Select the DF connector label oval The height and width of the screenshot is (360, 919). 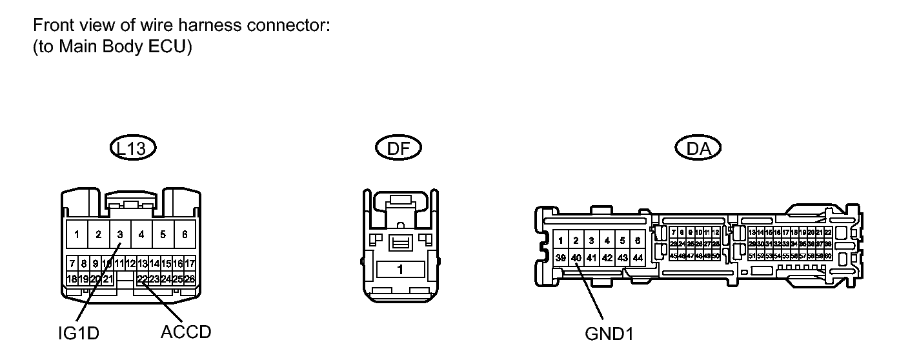coord(398,148)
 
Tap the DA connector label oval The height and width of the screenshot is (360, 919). coord(698,148)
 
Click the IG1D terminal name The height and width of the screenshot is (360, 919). coord(76,334)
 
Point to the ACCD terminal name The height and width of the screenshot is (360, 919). coord(185,332)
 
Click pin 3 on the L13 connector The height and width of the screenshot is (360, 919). coord(120,234)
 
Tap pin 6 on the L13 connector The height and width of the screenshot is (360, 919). coord(185,234)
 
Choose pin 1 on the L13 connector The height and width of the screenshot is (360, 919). coord(77,234)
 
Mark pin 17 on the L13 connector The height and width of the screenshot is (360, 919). coord(190,263)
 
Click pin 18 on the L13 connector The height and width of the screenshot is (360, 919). coord(72,279)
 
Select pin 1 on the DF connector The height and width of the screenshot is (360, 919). coord(400,269)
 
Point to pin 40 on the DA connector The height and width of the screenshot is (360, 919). coord(576,257)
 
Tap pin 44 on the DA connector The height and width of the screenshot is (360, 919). coord(638,257)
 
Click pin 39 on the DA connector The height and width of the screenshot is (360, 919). coord(560,257)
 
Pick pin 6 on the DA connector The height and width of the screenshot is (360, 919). coord(638,241)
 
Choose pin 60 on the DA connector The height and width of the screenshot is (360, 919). coord(827,256)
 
